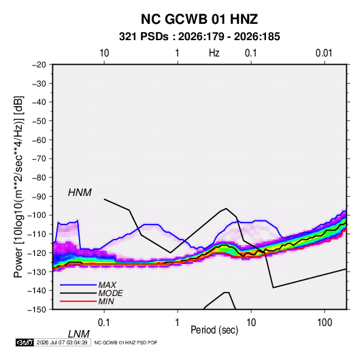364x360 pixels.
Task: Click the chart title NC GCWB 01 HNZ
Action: pyautogui.click(x=199, y=19)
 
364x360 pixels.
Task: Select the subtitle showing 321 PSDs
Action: pyautogui.click(x=199, y=37)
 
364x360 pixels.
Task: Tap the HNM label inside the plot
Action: pyautogui.click(x=80, y=193)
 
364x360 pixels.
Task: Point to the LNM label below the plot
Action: pyautogui.click(x=79, y=334)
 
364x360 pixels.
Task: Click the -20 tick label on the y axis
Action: pyautogui.click(x=39, y=65)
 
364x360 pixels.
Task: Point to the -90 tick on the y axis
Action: pyautogui.click(x=39, y=196)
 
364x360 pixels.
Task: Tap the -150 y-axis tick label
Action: pyautogui.click(x=37, y=310)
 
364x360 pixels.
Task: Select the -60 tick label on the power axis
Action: pyautogui.click(x=39, y=140)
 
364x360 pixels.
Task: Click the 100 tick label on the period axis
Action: pyautogui.click(x=325, y=323)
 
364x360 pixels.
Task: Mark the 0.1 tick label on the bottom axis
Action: pyautogui.click(x=104, y=323)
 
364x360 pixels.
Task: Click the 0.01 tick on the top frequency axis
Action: pyautogui.click(x=324, y=53)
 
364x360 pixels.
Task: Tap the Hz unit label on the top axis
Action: pyautogui.click(x=214, y=53)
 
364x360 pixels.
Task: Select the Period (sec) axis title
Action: pyautogui.click(x=214, y=330)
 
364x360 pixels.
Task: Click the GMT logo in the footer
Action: pyautogui.click(x=24, y=342)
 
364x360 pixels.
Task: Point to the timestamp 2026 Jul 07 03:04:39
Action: pyautogui.click(x=62, y=342)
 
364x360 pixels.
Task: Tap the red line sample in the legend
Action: pyautogui.click(x=78, y=301)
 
